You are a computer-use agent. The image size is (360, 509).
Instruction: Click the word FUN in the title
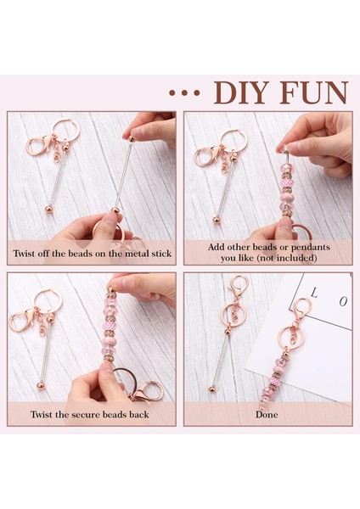pyautogui.click(x=314, y=92)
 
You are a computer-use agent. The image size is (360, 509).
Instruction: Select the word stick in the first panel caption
pyautogui.click(x=161, y=253)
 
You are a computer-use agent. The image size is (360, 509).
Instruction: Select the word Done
pyautogui.click(x=267, y=415)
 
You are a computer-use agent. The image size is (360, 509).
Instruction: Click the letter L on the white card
pyautogui.click(x=314, y=294)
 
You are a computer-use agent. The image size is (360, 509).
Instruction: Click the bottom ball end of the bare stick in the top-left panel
pyautogui.click(x=48, y=208)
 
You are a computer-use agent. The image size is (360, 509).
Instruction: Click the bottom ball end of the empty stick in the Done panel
pyautogui.click(x=211, y=389)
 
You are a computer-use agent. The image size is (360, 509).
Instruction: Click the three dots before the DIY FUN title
pyautogui.click(x=184, y=93)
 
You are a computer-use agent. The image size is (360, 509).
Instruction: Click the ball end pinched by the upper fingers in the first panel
pyautogui.click(x=132, y=139)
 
